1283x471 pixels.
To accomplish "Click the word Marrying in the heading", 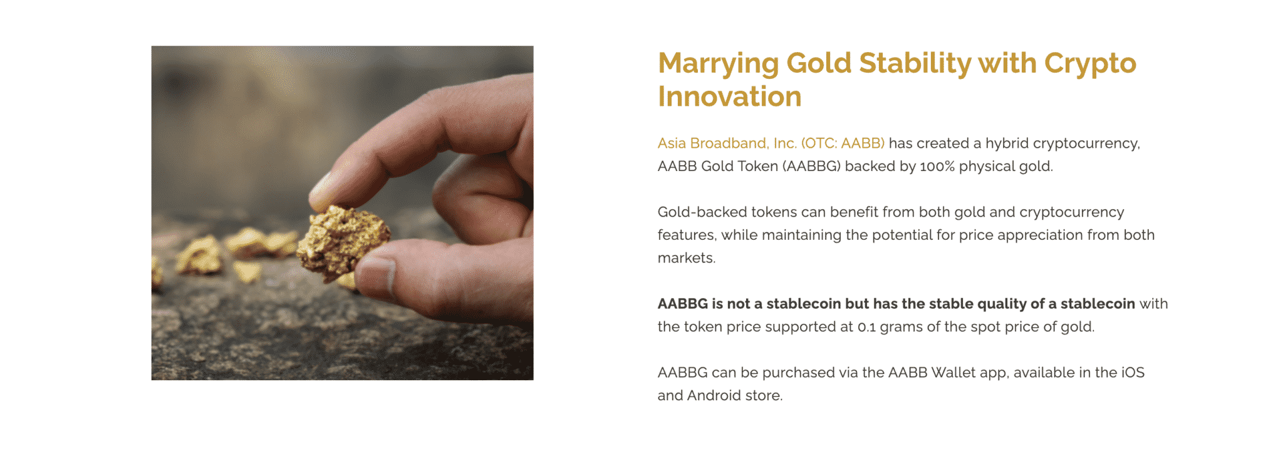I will point(718,64).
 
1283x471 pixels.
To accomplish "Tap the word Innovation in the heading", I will point(729,97).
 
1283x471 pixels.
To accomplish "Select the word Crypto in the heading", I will point(1089,64).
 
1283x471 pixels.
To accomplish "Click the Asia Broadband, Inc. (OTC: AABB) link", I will point(771,143).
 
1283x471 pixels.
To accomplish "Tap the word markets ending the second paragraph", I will point(685,258).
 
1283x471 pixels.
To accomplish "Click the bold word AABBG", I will point(682,304).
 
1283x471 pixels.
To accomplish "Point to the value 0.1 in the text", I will point(866,327).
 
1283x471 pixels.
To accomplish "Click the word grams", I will point(900,327).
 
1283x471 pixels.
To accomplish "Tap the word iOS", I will point(1132,373).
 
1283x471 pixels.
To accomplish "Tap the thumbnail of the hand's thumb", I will point(376,276).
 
